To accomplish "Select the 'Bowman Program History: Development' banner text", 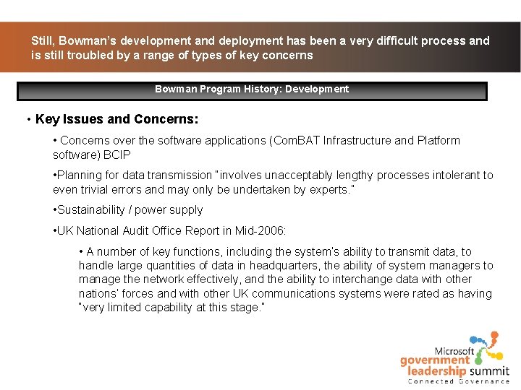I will point(252,90).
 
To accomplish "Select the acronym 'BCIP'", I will point(117,155).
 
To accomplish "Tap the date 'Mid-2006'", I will point(262,231).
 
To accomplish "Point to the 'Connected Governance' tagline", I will point(459,381).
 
